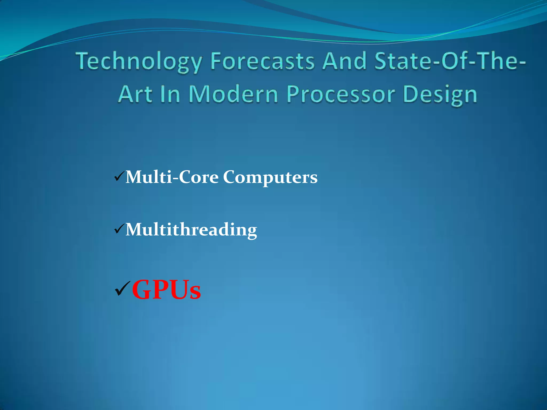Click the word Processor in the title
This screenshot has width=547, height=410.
pyautogui.click(x=341, y=95)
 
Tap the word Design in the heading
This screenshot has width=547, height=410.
pyautogui.click(x=440, y=95)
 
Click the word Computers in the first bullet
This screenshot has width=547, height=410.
pyautogui.click(x=270, y=178)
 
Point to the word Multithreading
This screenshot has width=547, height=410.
pyautogui.click(x=191, y=230)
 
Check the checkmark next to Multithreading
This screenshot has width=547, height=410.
pyautogui.click(x=119, y=229)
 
